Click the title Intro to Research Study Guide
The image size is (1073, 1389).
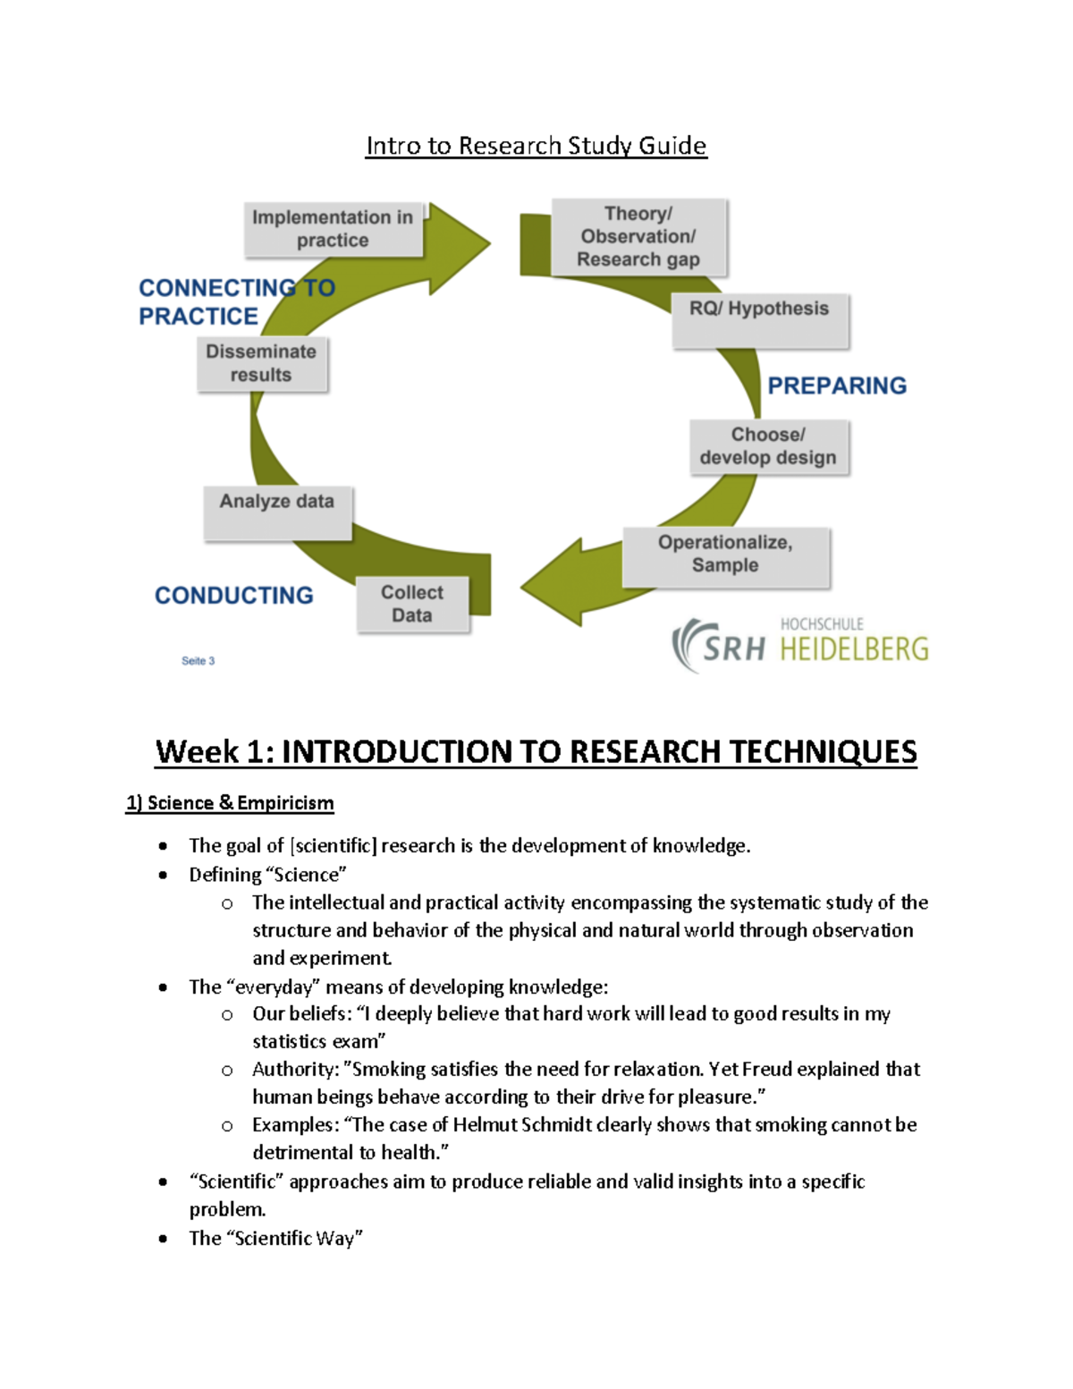[536, 146]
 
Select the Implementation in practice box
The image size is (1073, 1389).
[333, 229]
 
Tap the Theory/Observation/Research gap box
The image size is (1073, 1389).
[638, 237]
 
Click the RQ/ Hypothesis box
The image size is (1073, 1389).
[759, 319]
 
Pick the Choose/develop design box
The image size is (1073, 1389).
[768, 446]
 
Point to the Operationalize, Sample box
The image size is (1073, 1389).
[725, 555]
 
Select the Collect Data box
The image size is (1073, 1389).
[412, 604]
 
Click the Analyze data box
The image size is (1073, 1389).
[277, 512]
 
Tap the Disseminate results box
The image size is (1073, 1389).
[261, 363]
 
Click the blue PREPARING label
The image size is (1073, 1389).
[837, 385]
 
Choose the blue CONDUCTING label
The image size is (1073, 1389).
[234, 596]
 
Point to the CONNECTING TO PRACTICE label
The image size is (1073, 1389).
[236, 301]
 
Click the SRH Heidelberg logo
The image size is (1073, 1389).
[800, 644]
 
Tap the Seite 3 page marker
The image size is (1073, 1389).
[198, 661]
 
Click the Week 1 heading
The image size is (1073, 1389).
[536, 751]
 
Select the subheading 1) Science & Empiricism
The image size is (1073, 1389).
[230, 803]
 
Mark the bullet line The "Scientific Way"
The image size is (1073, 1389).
[275, 1238]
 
